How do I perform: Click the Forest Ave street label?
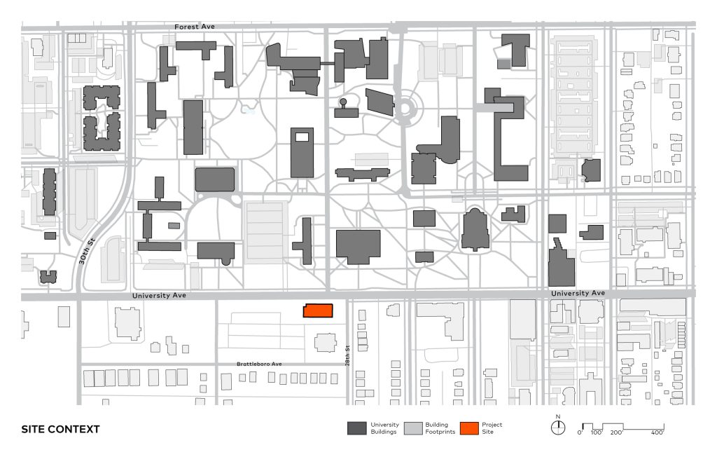tap(195, 27)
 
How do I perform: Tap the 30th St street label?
tap(86, 251)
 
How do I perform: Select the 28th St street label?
tap(347, 355)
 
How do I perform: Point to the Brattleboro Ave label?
tap(259, 364)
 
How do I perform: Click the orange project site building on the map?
tap(318, 311)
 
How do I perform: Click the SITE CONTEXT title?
tap(60, 429)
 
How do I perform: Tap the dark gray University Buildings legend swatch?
tap(356, 428)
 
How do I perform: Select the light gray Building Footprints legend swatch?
tap(413, 428)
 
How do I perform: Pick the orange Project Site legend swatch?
tap(469, 428)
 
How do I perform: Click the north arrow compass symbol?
tap(558, 427)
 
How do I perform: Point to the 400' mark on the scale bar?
tap(657, 432)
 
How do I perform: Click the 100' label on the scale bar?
tap(597, 432)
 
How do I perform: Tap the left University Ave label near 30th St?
tap(159, 296)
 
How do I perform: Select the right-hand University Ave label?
tap(578, 293)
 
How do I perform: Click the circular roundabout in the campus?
tap(405, 109)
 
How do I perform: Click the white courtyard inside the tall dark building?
tap(302, 137)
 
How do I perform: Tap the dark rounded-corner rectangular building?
tap(215, 179)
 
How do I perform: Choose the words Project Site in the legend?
tap(492, 428)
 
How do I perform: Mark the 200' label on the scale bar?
tap(616, 432)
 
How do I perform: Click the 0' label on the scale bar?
tap(580, 432)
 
